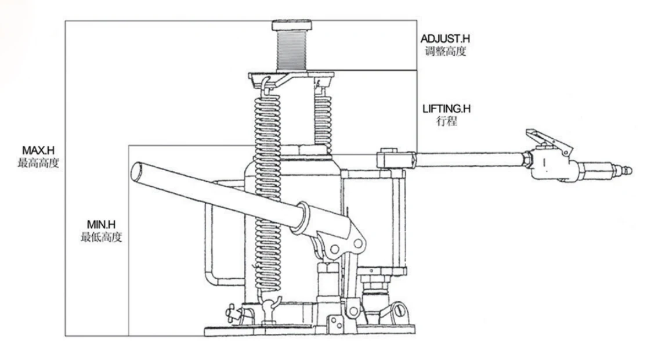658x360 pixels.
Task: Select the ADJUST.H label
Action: [445, 39]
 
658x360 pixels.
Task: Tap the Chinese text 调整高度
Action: [445, 51]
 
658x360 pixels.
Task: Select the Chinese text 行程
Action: [444, 122]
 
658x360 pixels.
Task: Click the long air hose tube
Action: [470, 159]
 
